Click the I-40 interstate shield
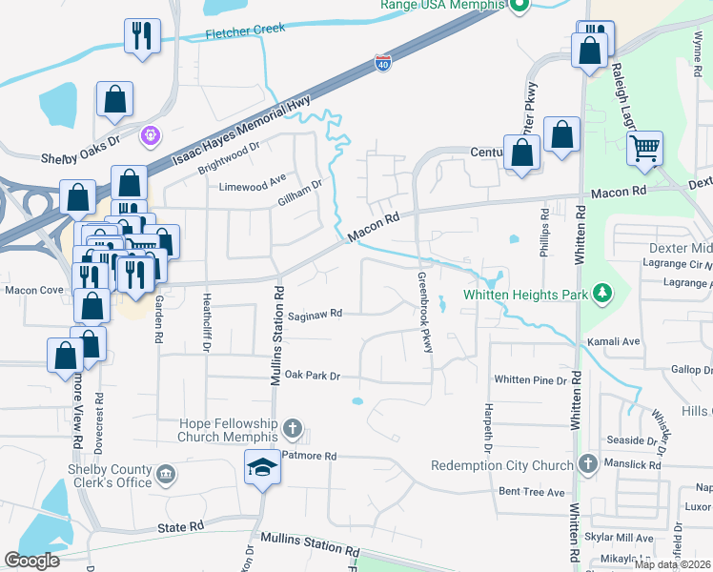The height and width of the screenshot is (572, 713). coord(382,63)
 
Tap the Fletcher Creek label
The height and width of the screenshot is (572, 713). coord(246,31)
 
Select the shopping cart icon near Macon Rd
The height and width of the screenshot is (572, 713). coord(645,149)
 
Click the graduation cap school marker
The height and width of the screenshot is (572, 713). coord(261,466)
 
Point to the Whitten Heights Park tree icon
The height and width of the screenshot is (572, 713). coord(601,291)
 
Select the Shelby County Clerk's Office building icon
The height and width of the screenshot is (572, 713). coord(166,474)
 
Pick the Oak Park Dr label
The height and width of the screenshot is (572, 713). coord(313,376)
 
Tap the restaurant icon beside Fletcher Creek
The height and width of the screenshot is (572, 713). coord(141,36)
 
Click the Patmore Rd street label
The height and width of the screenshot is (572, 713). coord(311,457)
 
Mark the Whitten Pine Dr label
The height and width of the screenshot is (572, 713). coord(531,379)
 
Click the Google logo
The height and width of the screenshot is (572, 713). coord(32,561)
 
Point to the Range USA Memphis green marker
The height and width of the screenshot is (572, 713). coord(519,7)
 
